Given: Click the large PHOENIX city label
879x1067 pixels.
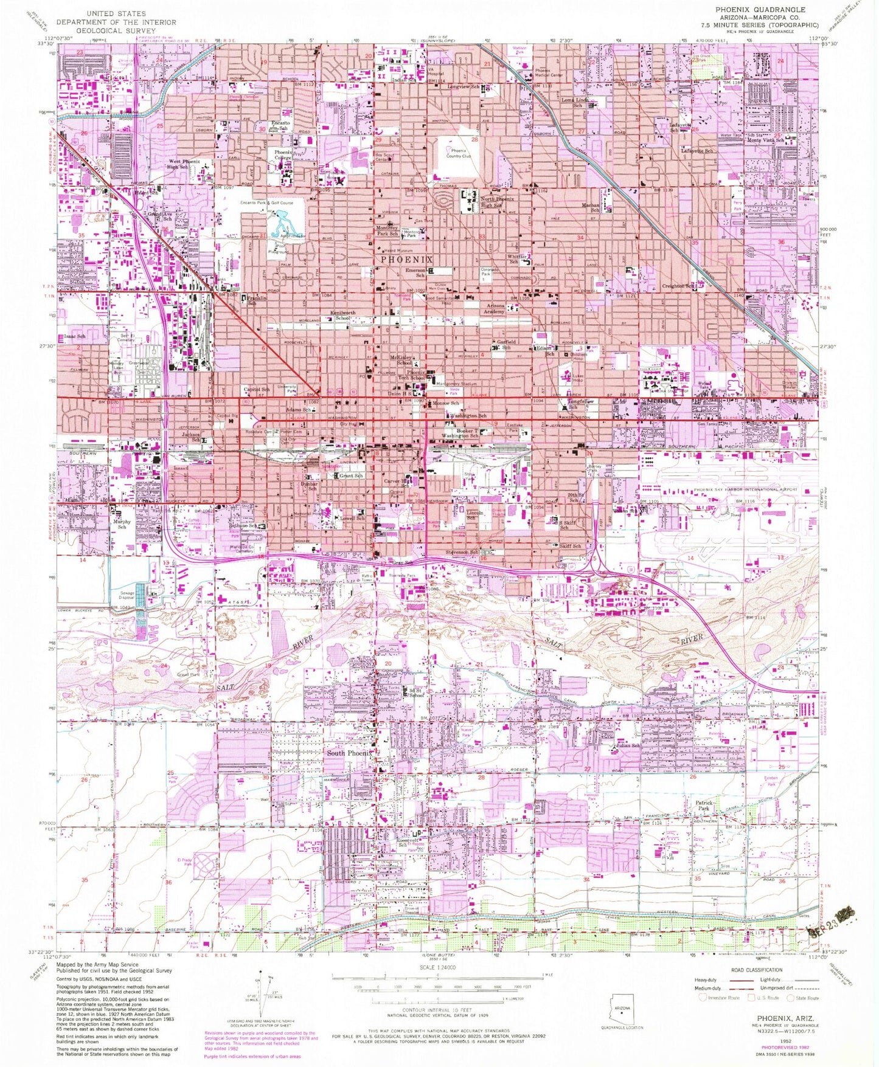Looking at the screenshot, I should [406, 259].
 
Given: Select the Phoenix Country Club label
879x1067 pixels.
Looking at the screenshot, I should [458, 153].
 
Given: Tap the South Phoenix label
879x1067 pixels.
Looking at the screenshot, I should [349, 753].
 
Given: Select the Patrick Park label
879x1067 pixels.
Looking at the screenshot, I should [703, 806].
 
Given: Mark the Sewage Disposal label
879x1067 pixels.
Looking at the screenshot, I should [127, 595].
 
